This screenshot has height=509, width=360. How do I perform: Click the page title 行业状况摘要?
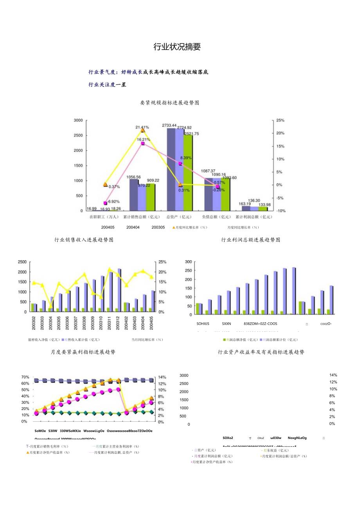pyautogui.click(x=177, y=47)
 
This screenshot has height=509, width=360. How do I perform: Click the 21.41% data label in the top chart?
pyautogui.click(x=142, y=127)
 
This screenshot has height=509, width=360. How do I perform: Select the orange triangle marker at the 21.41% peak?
pyautogui.click(x=142, y=130)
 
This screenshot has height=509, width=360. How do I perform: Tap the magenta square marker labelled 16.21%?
pyautogui.click(x=143, y=144)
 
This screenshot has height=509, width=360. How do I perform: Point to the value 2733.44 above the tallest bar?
pyautogui.click(x=169, y=125)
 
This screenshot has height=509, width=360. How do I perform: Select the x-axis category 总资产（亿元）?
pyautogui.click(x=180, y=217)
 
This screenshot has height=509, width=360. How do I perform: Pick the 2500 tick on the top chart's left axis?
pyautogui.click(x=78, y=135)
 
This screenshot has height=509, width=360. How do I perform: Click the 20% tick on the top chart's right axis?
pyautogui.click(x=280, y=133)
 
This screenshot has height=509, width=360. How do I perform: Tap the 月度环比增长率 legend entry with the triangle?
pyautogui.click(x=190, y=227)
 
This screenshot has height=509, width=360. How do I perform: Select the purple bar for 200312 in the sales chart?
pyautogui.click(x=119, y=290)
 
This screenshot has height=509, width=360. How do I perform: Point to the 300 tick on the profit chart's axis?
pyautogui.click(x=189, y=262)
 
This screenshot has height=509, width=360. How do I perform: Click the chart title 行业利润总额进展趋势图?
pyautogui.click(x=251, y=240)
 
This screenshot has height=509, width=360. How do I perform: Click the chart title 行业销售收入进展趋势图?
pyautogui.click(x=84, y=240)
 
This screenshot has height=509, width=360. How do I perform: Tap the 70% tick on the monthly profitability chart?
pyautogui.click(x=25, y=377)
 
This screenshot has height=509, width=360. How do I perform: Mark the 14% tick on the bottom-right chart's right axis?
pyautogui.click(x=333, y=375)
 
